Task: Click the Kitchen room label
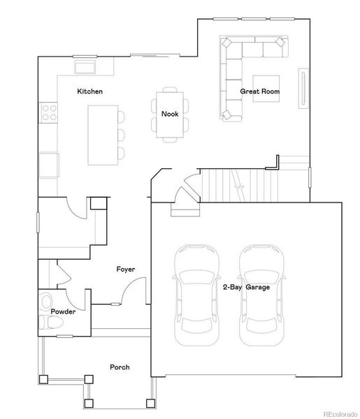90,91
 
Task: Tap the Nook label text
170,114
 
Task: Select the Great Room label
261,91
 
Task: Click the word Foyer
126,269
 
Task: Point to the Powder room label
63,311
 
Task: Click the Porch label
120,367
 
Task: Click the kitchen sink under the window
86,67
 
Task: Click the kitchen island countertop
99,133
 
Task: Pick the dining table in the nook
169,115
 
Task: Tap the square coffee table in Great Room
266,88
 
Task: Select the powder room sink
46,302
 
